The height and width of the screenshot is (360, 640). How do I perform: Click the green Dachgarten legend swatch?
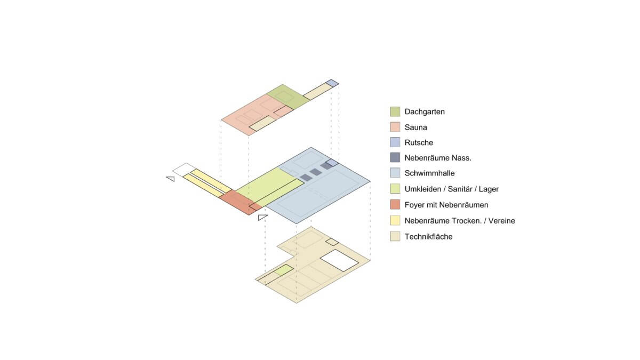coord(395,111)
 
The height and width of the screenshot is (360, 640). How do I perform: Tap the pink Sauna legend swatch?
coord(395,127)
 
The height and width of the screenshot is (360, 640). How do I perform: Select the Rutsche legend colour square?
coord(395,142)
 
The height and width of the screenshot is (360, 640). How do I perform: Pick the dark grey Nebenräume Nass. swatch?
coord(395,157)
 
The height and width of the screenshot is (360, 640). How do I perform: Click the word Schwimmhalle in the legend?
coord(429,173)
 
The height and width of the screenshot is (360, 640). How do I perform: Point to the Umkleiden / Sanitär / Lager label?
coord(451,189)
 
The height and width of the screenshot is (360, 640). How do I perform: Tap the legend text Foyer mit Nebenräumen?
coord(446,205)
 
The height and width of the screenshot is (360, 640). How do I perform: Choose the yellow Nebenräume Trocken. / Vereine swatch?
coord(395,220)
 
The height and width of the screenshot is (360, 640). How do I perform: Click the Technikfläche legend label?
coord(428,237)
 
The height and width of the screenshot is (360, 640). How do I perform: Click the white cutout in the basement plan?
coord(339,260)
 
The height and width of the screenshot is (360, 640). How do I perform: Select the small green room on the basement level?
coord(284,270)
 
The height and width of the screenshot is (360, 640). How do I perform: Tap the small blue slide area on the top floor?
coord(332,83)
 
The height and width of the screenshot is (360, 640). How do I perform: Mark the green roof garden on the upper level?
coord(288,97)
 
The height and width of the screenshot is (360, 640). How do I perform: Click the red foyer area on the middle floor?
coord(241,202)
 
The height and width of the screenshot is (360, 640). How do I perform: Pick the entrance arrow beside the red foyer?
coord(262,217)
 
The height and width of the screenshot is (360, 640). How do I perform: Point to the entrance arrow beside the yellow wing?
coord(171,179)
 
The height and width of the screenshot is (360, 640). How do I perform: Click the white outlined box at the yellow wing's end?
coord(185,170)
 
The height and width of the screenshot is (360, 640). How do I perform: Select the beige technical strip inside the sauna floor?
coord(262,123)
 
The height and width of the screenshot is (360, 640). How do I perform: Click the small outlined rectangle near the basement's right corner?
coord(332,242)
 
